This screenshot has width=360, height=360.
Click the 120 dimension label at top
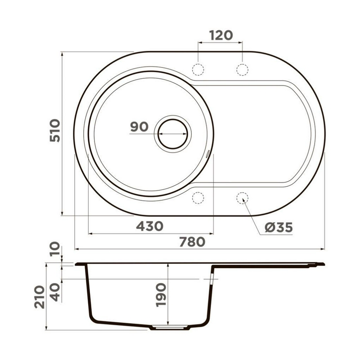tap(221, 36)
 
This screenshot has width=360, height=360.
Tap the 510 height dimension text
tap(55, 130)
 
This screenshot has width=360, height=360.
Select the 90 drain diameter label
tap(139, 127)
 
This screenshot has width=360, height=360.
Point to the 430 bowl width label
tap(150, 226)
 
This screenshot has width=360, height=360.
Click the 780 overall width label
tap(192, 242)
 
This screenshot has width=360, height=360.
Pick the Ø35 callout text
tap(279, 228)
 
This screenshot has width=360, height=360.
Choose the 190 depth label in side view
tap(161, 295)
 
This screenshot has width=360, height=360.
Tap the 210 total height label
tap(40, 297)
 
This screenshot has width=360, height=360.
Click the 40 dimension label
tap(55, 292)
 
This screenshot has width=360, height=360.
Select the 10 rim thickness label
tap(55, 249)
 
